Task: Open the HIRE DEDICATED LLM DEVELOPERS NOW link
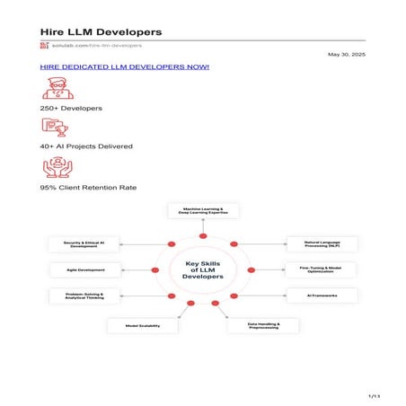click(125, 67)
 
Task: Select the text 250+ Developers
click(71, 108)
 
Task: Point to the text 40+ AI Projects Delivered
click(86, 146)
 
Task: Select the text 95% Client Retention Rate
click(89, 188)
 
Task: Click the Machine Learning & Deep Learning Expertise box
click(203, 211)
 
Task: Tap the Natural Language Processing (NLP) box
click(322, 243)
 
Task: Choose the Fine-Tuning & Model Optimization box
click(322, 269)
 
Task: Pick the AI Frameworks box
click(322, 295)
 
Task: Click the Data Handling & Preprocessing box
click(262, 325)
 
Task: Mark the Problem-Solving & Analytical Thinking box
click(83, 295)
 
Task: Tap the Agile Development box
click(83, 269)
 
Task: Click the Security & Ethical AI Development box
click(83, 243)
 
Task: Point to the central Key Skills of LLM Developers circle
click(203, 269)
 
